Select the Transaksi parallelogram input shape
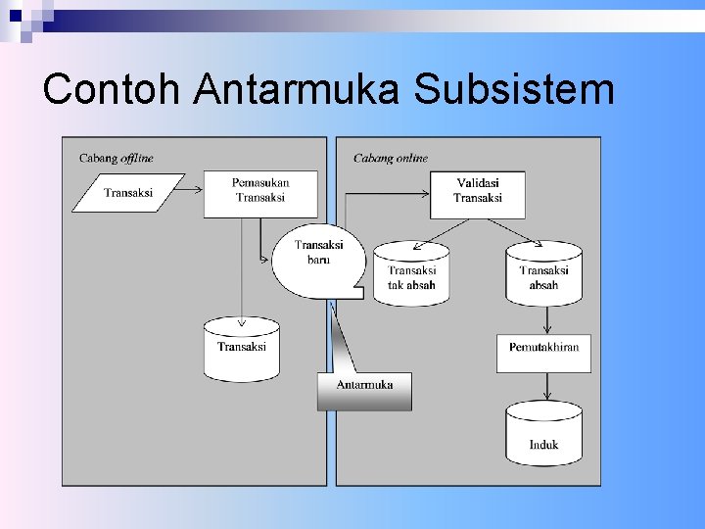[x=128, y=193]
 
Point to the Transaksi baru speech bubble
[x=318, y=258]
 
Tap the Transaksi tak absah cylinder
[x=411, y=275]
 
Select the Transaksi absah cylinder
[x=543, y=275]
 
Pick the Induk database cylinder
[x=543, y=436]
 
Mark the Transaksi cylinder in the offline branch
[x=241, y=350]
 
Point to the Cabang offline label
[x=116, y=158]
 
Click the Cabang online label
[x=391, y=158]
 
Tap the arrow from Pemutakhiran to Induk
[x=543, y=388]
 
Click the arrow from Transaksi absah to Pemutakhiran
[x=543, y=319]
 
